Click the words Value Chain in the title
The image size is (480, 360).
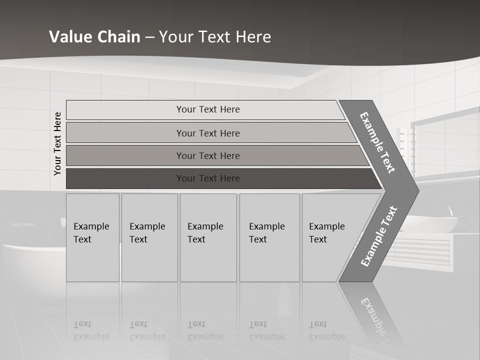point(94,36)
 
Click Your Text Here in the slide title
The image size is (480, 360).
point(215,36)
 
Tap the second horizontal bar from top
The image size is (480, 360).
point(208,133)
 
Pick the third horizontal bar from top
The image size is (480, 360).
point(208,155)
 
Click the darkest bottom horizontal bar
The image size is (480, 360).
point(208,178)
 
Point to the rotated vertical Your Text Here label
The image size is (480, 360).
point(57,143)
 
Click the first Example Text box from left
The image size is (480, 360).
point(92,237)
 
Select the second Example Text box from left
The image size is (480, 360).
point(149,237)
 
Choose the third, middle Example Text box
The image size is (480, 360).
point(207,237)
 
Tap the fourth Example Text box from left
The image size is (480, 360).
point(269,237)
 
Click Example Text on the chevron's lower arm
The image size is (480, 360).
point(378,236)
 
